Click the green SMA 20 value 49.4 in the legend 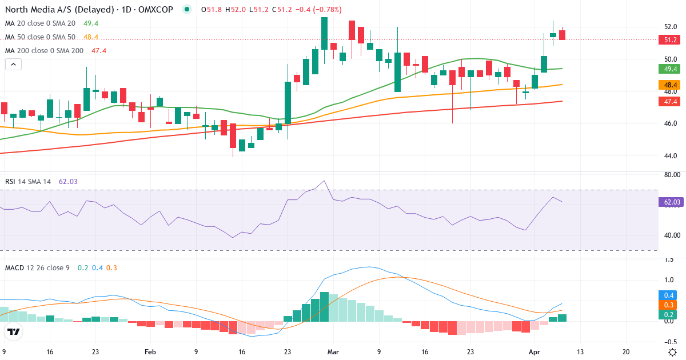[91, 23]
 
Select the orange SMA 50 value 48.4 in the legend [91, 37]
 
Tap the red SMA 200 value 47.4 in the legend [99, 51]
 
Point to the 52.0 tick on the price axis [671, 27]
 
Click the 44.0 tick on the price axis [671, 156]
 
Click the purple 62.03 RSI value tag [671, 202]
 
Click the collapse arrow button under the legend [13, 65]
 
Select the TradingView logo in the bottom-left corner [14, 331]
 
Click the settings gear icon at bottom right [673, 352]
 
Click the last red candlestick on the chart [563, 35]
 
